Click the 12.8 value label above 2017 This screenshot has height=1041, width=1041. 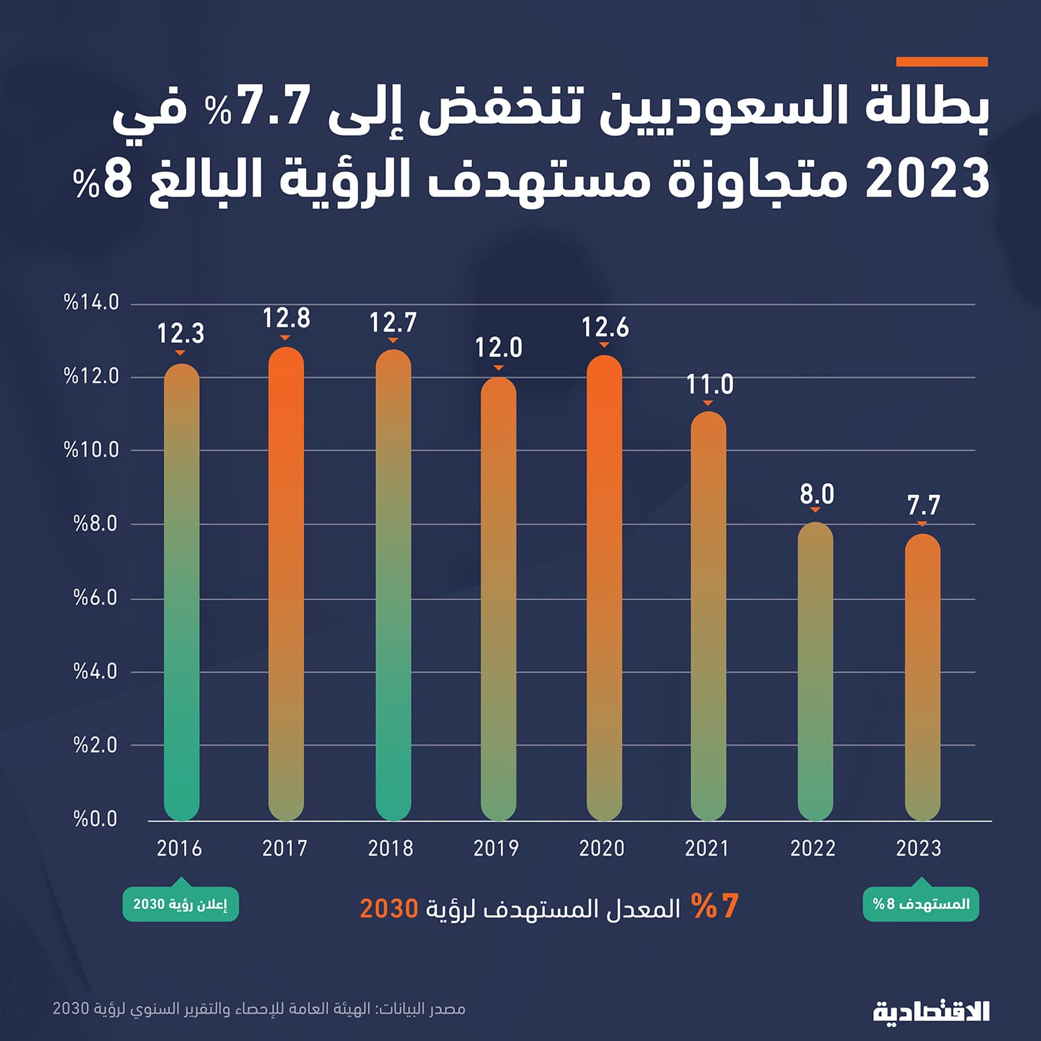point(286,319)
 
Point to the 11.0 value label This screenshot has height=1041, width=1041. point(709,384)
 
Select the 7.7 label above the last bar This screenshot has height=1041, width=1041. point(923,505)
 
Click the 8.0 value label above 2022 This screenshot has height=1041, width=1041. point(817,494)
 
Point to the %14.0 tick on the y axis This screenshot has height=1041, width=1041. point(92,303)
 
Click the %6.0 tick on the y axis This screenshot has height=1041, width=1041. point(96,598)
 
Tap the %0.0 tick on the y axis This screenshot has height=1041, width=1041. point(96,819)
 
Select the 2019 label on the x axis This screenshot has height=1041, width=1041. point(496,848)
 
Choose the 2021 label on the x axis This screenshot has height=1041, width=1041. point(706,848)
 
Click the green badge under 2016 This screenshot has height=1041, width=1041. point(180,904)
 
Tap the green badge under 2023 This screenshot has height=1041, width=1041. point(921,904)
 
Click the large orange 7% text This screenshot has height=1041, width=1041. point(716,906)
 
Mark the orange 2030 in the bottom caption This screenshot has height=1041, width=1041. point(389,908)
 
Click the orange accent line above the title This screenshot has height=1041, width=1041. point(942,62)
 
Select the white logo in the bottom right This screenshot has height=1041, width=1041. point(931,1011)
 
